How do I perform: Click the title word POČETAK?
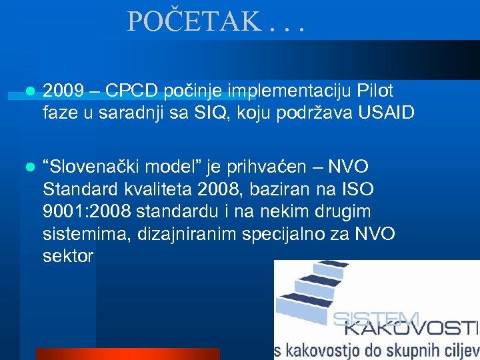pos(193,22)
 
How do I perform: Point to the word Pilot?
pos(375,91)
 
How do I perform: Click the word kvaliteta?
pos(157,189)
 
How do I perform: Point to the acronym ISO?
pos(358,189)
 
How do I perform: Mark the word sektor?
pos(68,256)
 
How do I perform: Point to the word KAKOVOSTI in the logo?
pos(411,327)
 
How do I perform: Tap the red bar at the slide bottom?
pos(127,353)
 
